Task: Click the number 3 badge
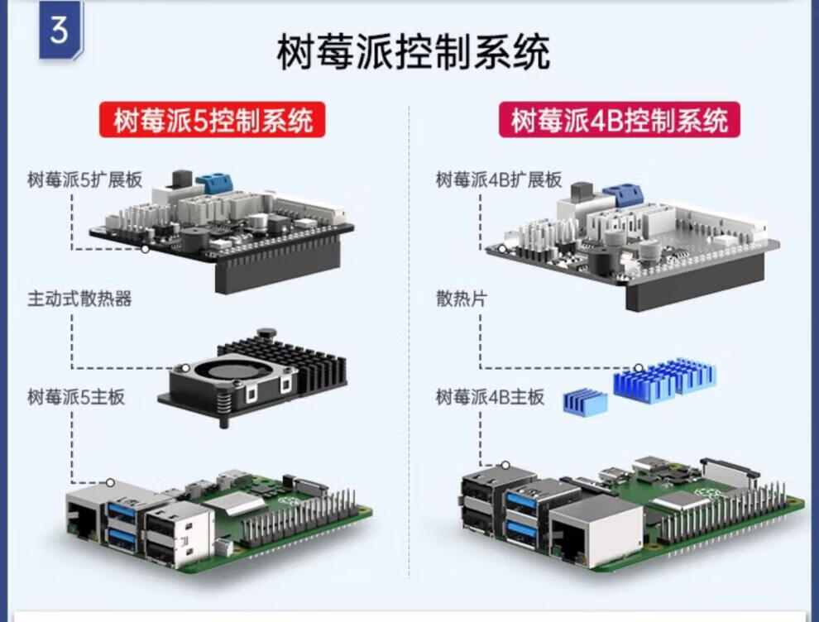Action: pyautogui.click(x=59, y=31)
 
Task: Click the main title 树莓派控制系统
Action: pyautogui.click(x=414, y=53)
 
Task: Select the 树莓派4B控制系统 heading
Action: pyautogui.click(x=620, y=122)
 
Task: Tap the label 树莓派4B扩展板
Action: pyautogui.click(x=499, y=179)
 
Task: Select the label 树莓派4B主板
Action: pyautogui.click(x=491, y=397)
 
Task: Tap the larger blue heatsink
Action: pyautogui.click(x=663, y=378)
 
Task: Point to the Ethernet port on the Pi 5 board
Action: pyautogui.click(x=84, y=519)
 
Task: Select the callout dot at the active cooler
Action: pyautogui.click(x=186, y=369)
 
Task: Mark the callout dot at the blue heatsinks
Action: pyautogui.click(x=639, y=368)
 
